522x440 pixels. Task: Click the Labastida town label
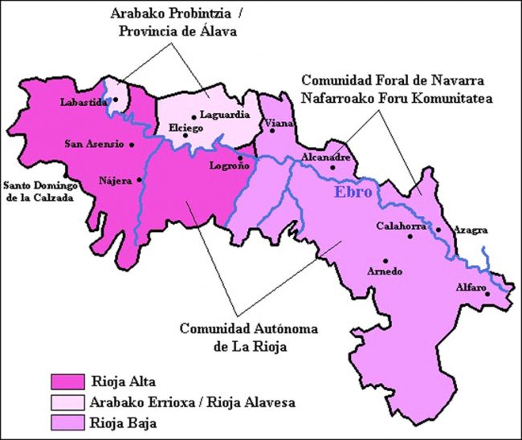[x=84, y=101]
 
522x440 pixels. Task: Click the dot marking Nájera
[x=140, y=179]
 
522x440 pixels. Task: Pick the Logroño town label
[x=229, y=165]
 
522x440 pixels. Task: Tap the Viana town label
[x=280, y=122]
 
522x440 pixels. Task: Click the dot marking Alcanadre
[x=332, y=167]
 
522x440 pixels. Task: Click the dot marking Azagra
[x=438, y=230]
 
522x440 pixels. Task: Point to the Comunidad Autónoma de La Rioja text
[x=238, y=337]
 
